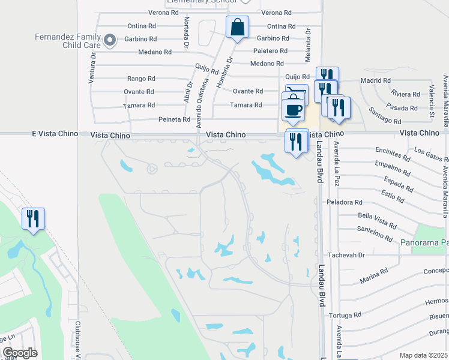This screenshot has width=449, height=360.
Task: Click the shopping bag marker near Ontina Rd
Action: tap(237, 28)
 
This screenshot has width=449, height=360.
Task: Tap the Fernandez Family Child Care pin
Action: tap(109, 41)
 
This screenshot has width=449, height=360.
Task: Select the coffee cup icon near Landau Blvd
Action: tap(294, 110)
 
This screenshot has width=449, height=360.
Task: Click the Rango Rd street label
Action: tap(141, 79)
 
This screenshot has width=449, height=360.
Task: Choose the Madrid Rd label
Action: tap(375, 80)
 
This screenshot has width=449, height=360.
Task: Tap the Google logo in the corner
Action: tap(20, 353)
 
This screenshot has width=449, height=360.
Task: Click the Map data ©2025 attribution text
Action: tap(423, 355)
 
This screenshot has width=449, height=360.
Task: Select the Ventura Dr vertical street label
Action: tap(93, 65)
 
